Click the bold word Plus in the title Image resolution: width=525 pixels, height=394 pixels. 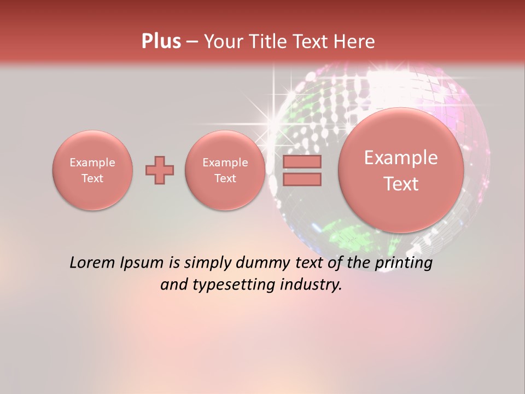point(161,42)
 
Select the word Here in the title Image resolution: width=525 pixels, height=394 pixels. point(356,42)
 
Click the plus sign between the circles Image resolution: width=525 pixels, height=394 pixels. point(160,170)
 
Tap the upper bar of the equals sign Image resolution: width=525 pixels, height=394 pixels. point(301,162)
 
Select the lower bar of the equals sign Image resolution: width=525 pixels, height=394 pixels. point(301,179)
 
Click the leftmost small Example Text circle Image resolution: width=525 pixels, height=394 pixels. point(92,170)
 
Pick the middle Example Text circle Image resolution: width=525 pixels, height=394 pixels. point(225,170)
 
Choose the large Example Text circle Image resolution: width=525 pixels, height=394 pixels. point(401,170)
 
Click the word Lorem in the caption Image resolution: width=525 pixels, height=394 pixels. point(92,263)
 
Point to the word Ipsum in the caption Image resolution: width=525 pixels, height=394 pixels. point(142,263)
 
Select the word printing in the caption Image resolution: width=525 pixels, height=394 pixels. point(403,263)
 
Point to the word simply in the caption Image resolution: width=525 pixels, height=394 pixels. point(206,263)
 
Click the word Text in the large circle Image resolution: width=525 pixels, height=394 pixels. point(401,184)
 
